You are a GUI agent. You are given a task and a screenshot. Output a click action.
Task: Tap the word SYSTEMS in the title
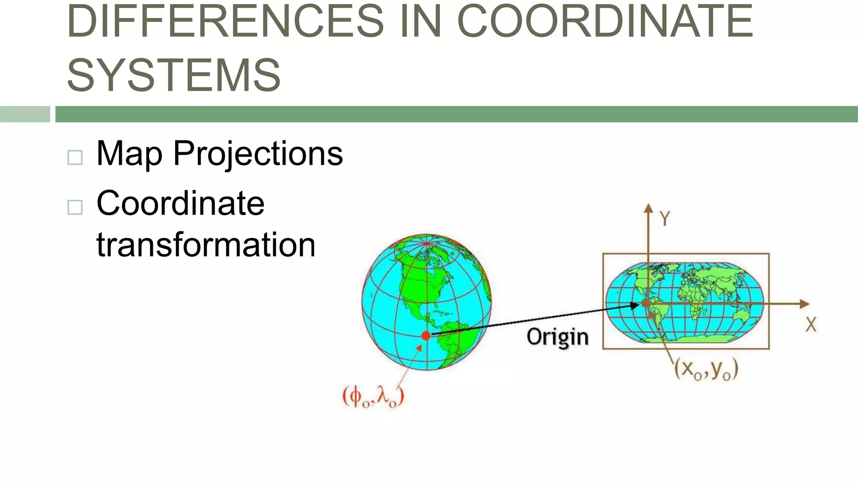[174, 75]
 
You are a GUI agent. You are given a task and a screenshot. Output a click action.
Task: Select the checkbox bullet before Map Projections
[75, 158]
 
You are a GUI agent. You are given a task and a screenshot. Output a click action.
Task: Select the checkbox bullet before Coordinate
[75, 207]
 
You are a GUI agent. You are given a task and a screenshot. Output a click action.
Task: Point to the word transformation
[206, 245]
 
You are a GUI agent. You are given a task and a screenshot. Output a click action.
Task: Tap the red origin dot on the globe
[426, 335]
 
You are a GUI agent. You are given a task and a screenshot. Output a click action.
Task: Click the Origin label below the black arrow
[557, 338]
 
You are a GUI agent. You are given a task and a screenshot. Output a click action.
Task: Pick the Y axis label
[665, 219]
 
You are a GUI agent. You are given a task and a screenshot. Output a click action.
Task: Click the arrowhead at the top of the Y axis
[649, 208]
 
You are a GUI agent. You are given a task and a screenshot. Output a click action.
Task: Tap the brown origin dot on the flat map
[646, 303]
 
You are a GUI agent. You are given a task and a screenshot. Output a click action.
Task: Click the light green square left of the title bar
[25, 114]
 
